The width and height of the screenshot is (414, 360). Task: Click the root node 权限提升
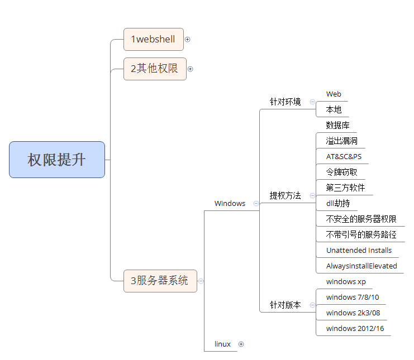point(57,160)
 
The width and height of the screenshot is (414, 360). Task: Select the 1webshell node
point(153,39)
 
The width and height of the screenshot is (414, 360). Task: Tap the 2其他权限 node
point(154,69)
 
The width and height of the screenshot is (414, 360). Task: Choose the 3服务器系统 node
point(160,281)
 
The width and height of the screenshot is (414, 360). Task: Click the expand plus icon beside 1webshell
point(188,39)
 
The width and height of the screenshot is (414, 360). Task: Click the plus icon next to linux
point(241,344)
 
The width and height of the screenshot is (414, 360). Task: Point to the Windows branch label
point(230,204)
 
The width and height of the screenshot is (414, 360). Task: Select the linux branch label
point(222,344)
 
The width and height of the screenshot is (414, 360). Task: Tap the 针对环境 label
point(285,102)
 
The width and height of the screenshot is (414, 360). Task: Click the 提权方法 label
point(285,195)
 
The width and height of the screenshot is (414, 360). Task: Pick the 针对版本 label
point(285,305)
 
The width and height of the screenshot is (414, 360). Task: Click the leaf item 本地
point(334,110)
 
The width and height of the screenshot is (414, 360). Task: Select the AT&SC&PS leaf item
point(344,156)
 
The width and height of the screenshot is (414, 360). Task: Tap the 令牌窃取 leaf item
point(341,172)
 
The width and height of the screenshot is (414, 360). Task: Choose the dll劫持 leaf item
point(338,203)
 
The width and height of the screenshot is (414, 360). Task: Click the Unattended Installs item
point(359,251)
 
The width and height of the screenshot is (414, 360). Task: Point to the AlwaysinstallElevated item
point(361,266)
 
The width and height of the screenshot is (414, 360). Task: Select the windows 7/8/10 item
point(352,297)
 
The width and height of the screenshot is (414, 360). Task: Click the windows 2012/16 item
point(355,328)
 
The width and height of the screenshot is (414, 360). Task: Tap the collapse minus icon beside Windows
point(256,204)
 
